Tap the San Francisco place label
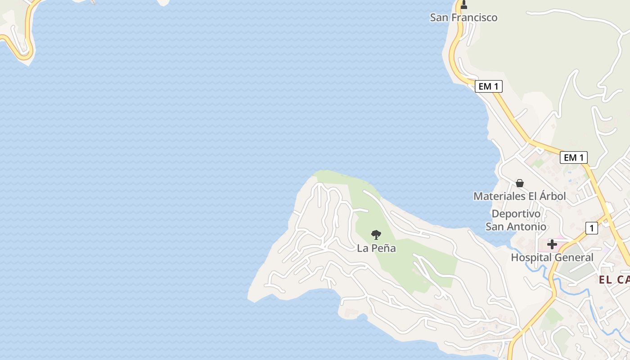tap(463, 18)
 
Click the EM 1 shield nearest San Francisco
tap(488, 86)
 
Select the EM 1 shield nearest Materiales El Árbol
tap(573, 157)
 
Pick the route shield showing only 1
tap(591, 228)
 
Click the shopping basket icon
tap(520, 183)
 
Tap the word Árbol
tap(550, 196)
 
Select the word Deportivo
tap(516, 214)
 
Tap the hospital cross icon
tap(552, 245)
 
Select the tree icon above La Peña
tap(376, 234)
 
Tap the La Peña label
tap(376, 248)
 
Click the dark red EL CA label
tap(614, 280)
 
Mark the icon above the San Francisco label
tap(464, 5)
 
